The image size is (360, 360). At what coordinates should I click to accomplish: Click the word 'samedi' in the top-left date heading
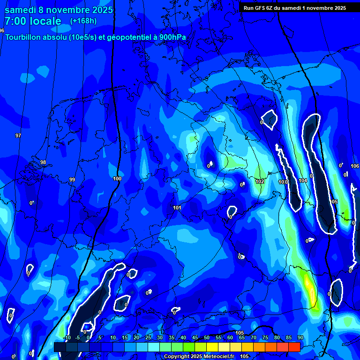20,10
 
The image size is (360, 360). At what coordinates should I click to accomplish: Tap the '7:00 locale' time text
33,21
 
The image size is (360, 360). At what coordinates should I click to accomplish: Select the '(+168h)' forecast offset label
83,21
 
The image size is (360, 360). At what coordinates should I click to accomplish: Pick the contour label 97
18,135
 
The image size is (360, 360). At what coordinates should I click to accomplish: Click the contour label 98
43,163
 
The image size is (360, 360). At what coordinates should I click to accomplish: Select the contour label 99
72,180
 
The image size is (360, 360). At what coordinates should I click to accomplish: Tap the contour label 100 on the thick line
117,179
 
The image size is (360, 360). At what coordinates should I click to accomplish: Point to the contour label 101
177,208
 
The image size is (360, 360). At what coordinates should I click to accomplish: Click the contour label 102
260,181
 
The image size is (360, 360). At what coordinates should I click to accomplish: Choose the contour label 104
303,180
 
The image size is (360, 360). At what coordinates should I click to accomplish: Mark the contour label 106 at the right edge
355,166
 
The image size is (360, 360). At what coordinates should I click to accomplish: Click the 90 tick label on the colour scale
300,337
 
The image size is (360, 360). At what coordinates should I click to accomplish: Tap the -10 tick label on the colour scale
67,337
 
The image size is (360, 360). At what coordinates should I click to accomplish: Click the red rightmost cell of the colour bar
294,347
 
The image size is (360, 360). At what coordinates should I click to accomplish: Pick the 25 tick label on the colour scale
148,337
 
